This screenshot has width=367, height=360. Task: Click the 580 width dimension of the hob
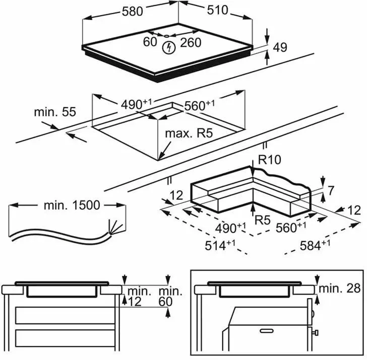pyautogui.click(x=133, y=11)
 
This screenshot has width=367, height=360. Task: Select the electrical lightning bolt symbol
pyautogui.click(x=169, y=48)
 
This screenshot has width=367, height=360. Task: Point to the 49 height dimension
pyautogui.click(x=280, y=47)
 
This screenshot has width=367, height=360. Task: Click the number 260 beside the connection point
pyautogui.click(x=190, y=42)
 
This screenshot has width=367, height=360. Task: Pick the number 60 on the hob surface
pyautogui.click(x=150, y=42)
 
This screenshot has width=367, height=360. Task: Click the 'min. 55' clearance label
pyautogui.click(x=55, y=112)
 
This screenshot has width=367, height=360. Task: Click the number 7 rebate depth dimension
pyautogui.click(x=331, y=190)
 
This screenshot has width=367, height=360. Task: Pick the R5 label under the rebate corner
pyautogui.click(x=263, y=220)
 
